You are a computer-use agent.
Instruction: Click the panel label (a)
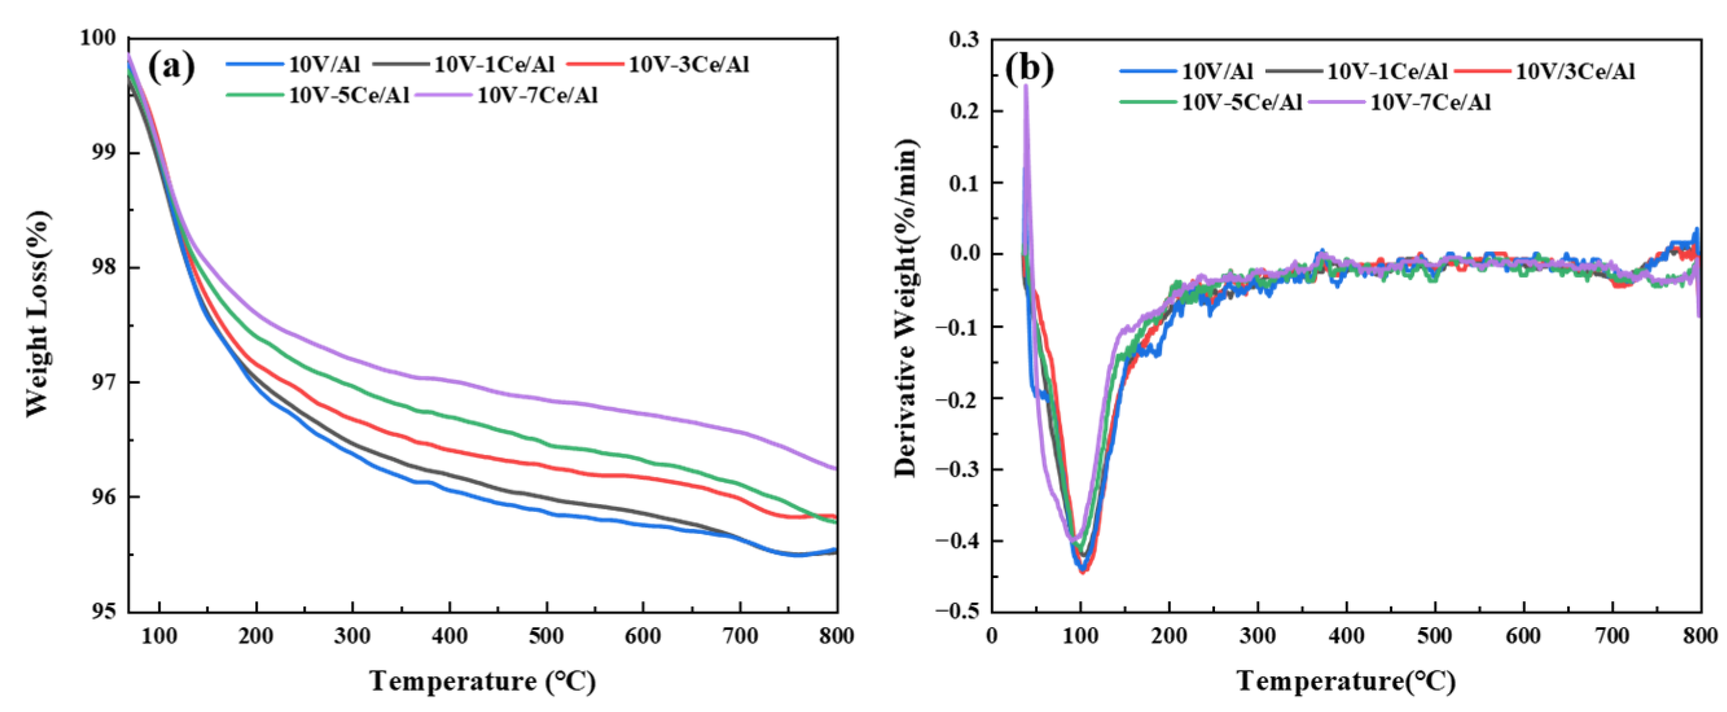(x=171, y=67)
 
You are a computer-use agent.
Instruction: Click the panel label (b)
(x=1030, y=68)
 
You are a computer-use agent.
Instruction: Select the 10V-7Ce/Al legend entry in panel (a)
(x=537, y=95)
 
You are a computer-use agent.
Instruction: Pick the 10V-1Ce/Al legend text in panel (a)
(x=494, y=64)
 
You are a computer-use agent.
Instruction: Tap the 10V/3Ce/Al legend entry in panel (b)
(x=1575, y=71)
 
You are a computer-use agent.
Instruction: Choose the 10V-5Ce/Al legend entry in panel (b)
(x=1241, y=102)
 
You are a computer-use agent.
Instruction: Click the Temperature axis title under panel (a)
(x=482, y=681)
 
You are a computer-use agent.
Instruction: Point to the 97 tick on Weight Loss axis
(x=104, y=383)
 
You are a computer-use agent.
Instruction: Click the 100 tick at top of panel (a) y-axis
(x=98, y=38)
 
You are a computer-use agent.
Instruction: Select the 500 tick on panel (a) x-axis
(x=546, y=636)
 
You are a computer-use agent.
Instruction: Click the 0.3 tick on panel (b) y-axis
(x=964, y=39)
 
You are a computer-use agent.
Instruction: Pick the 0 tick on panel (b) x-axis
(x=992, y=636)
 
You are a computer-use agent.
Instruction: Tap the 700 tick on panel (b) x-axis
(x=1612, y=636)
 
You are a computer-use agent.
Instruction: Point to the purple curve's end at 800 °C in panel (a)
(x=836, y=469)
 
